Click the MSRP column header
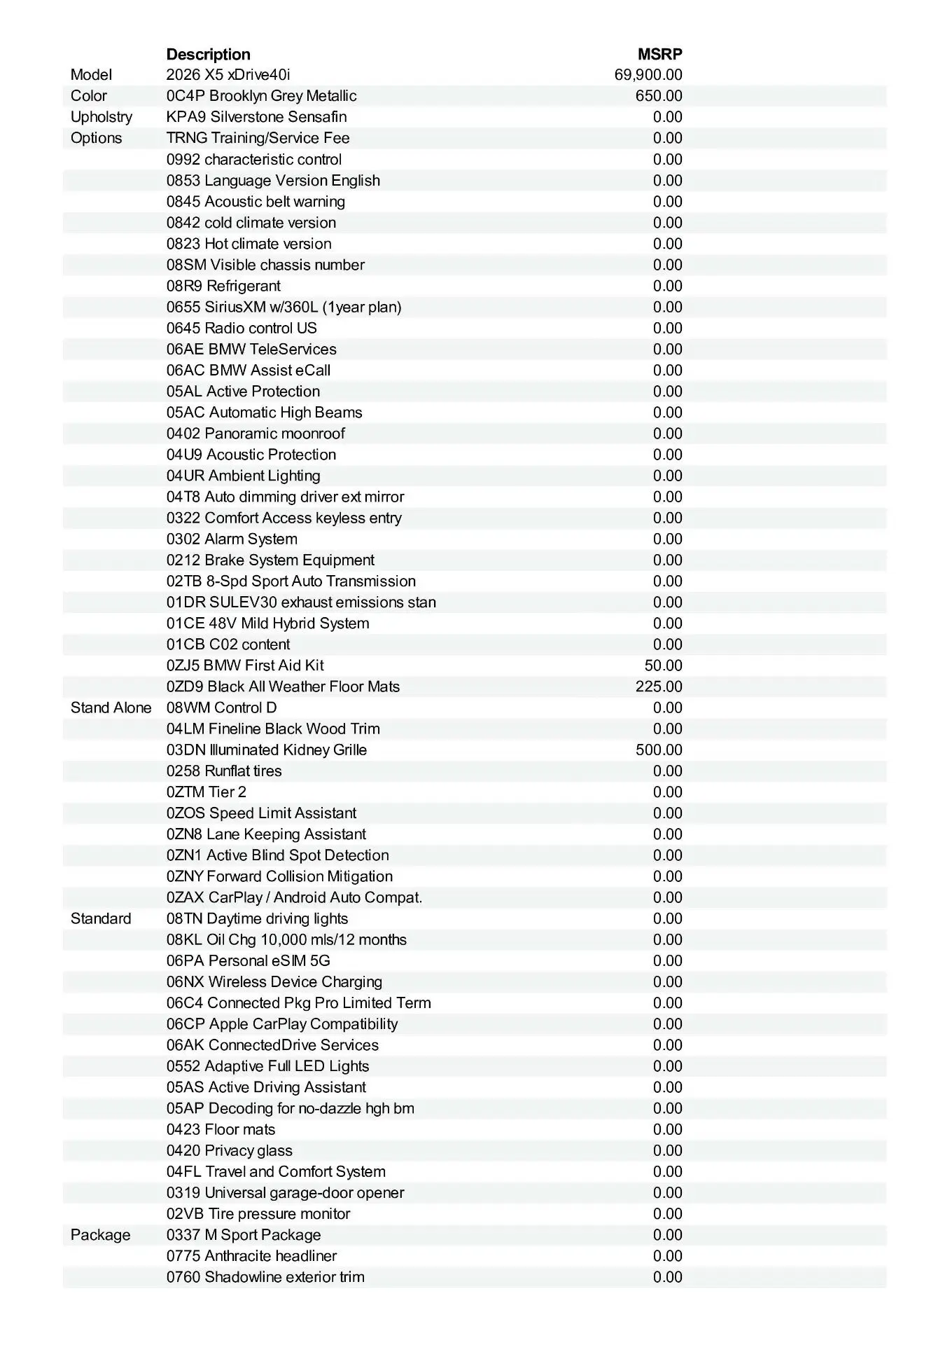pos(659,54)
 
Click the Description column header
pos(208,54)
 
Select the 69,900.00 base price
pos(648,75)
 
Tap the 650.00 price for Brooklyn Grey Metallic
pos(659,96)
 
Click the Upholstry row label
pos(102,117)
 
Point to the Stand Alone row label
pos(111,708)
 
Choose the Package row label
pos(100,1234)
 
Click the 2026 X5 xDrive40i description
pos(228,75)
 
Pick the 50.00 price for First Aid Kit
pos(663,665)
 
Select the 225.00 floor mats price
pos(659,687)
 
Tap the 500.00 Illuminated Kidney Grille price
pos(659,750)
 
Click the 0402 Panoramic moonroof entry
pos(256,434)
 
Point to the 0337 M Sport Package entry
pos(244,1234)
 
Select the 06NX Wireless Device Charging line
pos(274,981)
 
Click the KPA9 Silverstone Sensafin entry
pos(256,117)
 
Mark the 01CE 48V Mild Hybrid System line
pos(267,623)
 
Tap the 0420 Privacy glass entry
pos(230,1150)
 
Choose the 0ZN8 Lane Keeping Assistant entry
pos(266,834)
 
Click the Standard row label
pos(101,918)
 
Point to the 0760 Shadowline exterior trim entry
pos(265,1276)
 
